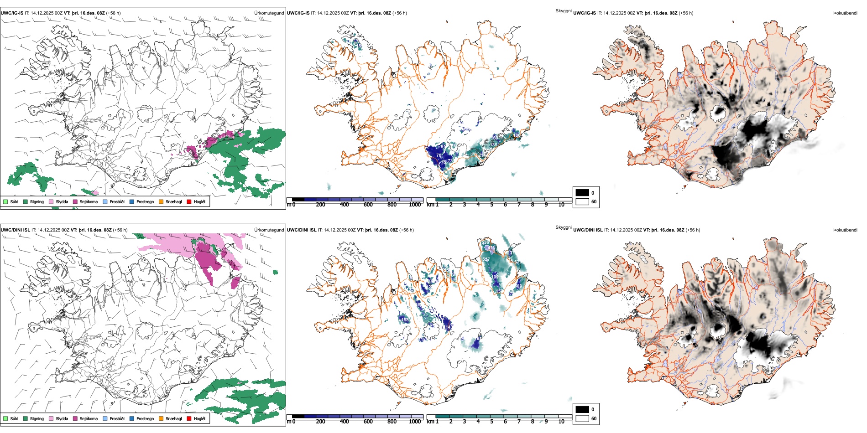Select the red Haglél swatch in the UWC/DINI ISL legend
189,418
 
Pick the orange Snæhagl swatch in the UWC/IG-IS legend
161,202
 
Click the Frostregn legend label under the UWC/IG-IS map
145,202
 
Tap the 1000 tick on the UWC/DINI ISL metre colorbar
415,422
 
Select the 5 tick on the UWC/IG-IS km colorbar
491,205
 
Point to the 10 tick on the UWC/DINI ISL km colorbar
561,422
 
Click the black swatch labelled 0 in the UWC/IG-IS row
582,193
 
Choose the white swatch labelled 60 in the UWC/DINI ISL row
582,418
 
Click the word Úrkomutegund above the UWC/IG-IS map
269,13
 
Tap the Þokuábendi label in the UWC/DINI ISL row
845,230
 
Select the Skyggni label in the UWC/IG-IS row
563,10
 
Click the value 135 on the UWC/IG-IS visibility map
493,145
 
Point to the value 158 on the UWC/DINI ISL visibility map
405,320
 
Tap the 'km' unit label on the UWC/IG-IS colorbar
430,205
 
